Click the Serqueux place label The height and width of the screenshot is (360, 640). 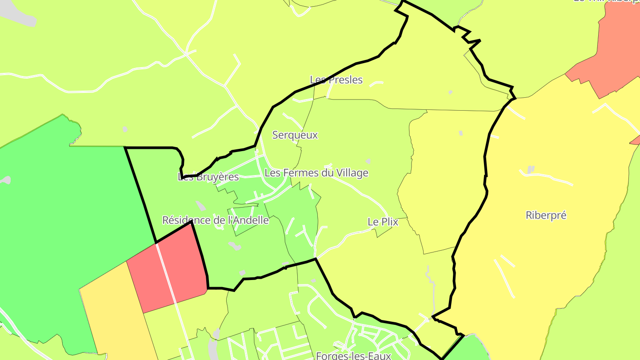click(295, 135)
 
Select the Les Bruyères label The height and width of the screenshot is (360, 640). click(208, 177)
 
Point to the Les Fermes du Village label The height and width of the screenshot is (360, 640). click(316, 173)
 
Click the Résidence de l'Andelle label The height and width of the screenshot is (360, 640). click(216, 220)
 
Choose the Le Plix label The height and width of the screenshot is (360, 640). click(383, 222)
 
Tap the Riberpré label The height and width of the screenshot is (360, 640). click(546, 216)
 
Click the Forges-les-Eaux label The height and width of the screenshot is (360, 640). click(353, 356)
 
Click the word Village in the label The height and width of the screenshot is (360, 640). click(352, 173)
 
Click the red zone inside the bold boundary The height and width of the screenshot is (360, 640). click(182, 262)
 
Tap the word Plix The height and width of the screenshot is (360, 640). click(389, 222)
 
